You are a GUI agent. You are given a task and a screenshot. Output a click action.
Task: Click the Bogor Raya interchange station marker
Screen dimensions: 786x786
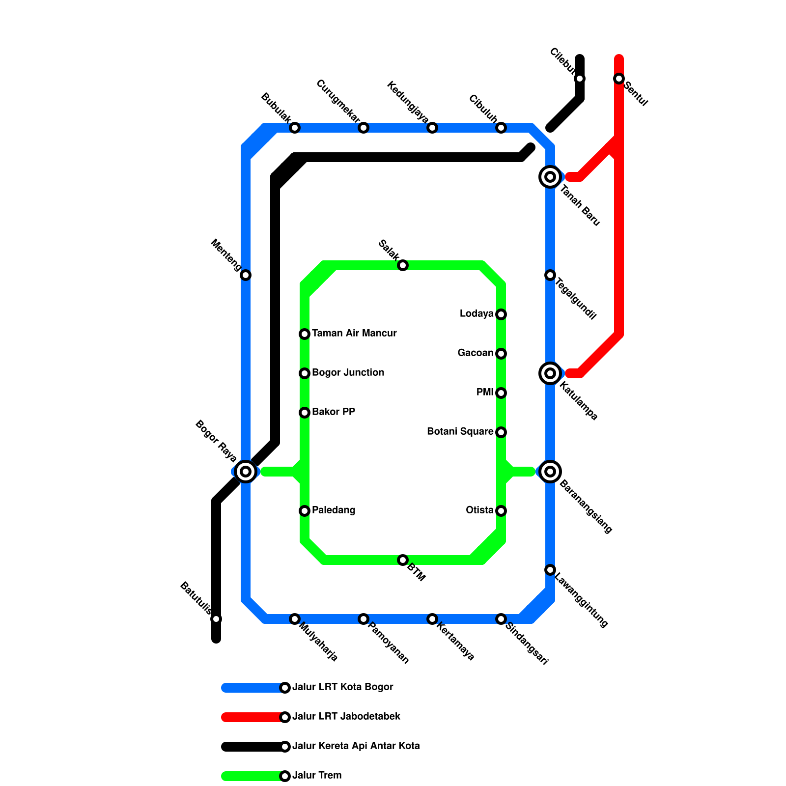click(246, 472)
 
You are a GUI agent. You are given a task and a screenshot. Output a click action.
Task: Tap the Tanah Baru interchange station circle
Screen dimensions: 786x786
click(550, 177)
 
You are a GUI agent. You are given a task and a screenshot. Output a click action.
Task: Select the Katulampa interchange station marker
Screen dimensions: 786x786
click(550, 373)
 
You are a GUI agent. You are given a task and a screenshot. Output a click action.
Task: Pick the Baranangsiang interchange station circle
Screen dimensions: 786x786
click(550, 472)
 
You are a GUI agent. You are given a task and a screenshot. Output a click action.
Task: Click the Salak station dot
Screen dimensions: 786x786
click(403, 265)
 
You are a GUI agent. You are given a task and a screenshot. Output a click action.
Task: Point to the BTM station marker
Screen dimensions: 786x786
click(403, 560)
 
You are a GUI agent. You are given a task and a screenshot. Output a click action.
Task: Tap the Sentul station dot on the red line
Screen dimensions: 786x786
click(619, 79)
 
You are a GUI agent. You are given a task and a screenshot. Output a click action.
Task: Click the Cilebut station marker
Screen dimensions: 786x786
click(580, 79)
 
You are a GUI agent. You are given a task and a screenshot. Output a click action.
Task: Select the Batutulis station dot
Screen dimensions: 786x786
click(216, 619)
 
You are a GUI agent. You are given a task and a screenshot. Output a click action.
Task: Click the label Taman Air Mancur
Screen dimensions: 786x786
click(354, 334)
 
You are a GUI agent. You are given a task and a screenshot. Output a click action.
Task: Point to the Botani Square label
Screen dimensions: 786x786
click(460, 432)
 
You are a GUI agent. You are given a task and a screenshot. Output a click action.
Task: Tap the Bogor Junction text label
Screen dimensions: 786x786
click(348, 373)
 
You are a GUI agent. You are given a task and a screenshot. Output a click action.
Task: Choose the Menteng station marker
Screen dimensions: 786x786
click(246, 275)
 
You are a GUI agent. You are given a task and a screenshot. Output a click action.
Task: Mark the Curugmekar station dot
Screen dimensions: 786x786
click(364, 128)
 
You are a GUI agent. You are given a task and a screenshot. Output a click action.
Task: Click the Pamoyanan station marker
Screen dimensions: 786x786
click(364, 619)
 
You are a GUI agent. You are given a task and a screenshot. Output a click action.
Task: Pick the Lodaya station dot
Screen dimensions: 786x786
click(501, 314)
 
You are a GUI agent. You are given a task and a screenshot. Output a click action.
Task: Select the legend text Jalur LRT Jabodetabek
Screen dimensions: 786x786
click(346, 717)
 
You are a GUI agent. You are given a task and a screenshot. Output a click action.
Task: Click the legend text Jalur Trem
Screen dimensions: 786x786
click(317, 776)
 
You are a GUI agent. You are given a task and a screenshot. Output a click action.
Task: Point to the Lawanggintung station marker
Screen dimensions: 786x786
click(550, 570)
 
